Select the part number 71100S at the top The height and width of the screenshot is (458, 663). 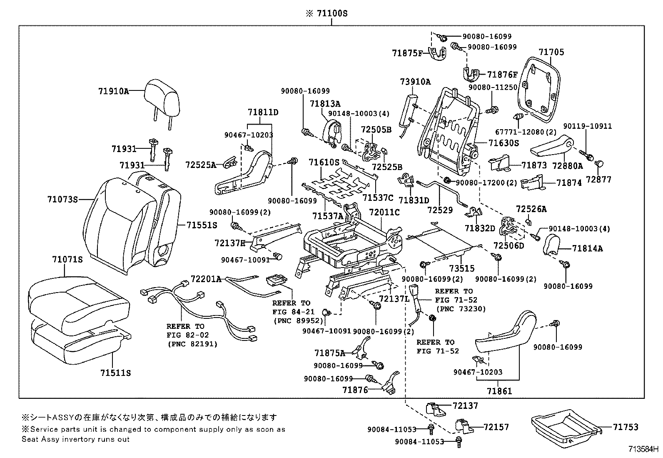point(331,14)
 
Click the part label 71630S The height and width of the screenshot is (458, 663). point(503,143)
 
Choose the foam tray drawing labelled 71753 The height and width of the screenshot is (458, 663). point(566,427)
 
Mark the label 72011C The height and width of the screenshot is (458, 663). point(384,213)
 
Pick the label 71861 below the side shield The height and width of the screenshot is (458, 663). point(499,391)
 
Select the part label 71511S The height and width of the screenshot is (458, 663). point(115,373)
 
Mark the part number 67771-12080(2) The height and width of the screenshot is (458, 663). point(526,132)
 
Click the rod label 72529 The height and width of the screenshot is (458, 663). point(440,210)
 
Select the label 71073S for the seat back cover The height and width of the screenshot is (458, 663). point(62,200)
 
